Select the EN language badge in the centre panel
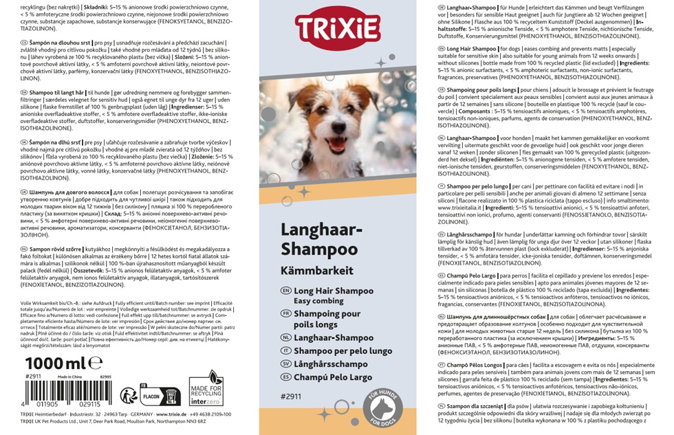click(x=286, y=291)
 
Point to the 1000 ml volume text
click(x=54, y=363)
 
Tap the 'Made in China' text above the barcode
click(x=71, y=377)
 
